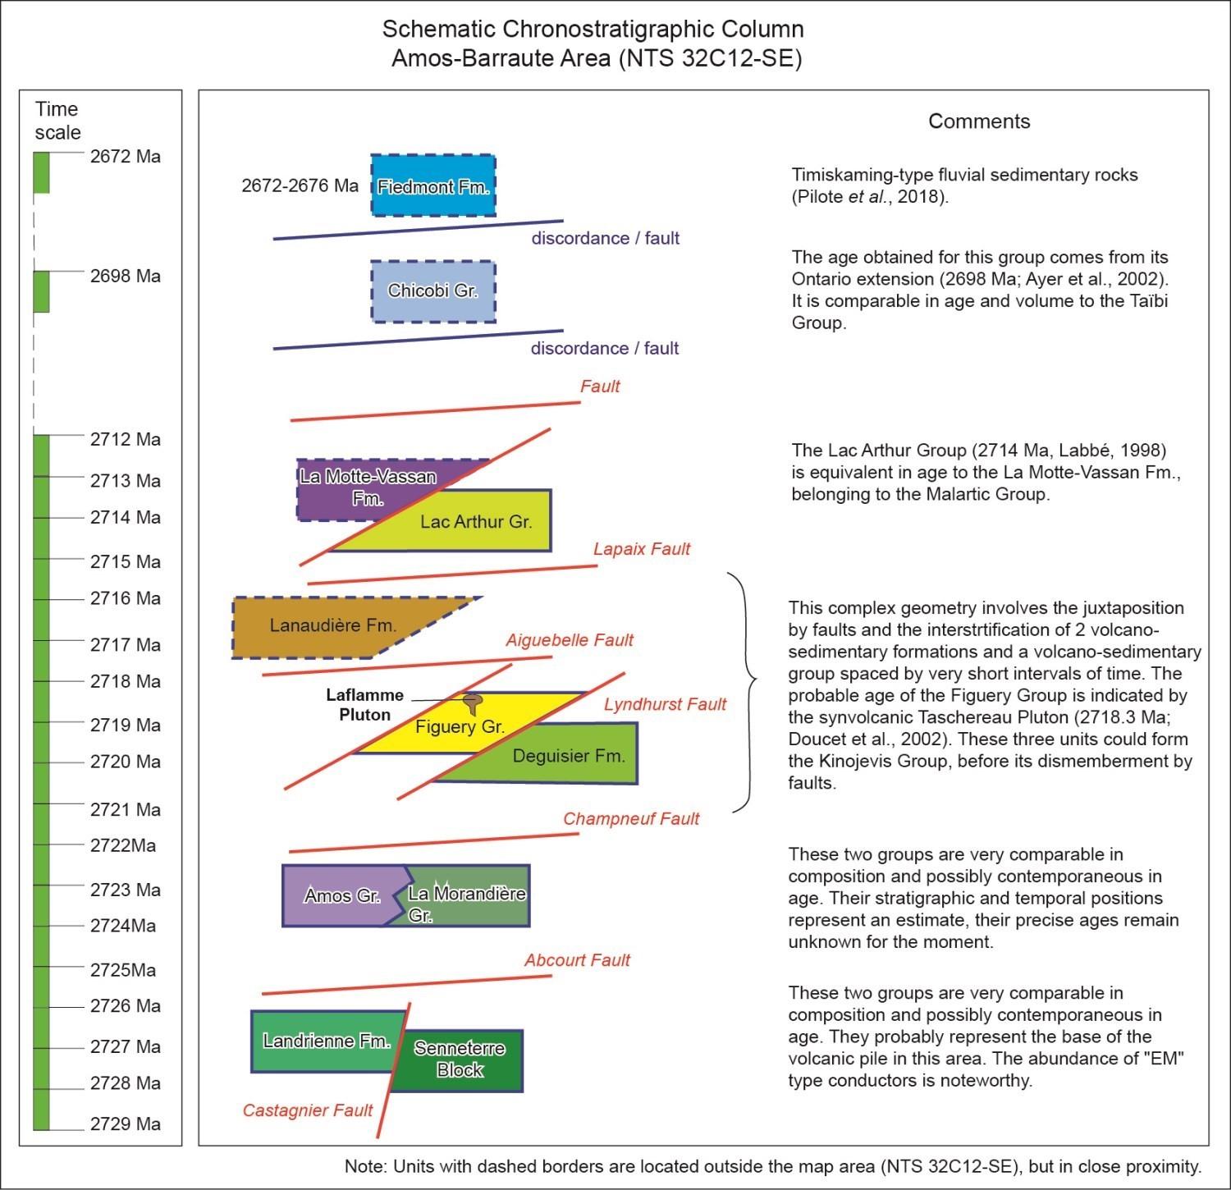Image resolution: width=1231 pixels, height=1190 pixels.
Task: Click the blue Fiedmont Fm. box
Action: [x=433, y=185]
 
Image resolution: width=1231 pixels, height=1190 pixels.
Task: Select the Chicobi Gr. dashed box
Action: [x=433, y=291]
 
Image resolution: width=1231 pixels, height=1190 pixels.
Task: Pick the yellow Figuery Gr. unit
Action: [x=460, y=724]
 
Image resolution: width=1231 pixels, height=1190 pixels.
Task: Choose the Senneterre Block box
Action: [x=460, y=1060]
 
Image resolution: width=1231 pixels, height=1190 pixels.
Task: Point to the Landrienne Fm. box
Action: [x=327, y=1041]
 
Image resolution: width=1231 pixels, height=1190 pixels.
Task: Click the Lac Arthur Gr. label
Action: [x=476, y=522]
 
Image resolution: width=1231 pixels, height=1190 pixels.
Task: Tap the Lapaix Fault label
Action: [x=642, y=549]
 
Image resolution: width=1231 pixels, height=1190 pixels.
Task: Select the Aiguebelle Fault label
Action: [x=570, y=640]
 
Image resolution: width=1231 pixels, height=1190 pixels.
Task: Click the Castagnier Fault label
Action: [x=308, y=1110]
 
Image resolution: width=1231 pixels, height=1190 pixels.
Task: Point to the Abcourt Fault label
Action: [x=578, y=960]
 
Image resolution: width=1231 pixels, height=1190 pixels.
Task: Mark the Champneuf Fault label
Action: [x=631, y=818]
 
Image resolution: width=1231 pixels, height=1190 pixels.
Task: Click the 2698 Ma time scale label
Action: [x=126, y=276]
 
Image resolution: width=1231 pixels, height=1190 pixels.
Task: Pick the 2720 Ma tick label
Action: [x=126, y=762]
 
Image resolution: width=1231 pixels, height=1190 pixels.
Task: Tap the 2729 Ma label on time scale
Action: [x=126, y=1124]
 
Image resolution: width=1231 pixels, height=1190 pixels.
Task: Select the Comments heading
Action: [x=979, y=121]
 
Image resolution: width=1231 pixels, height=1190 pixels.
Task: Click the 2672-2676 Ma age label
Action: [x=300, y=185]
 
